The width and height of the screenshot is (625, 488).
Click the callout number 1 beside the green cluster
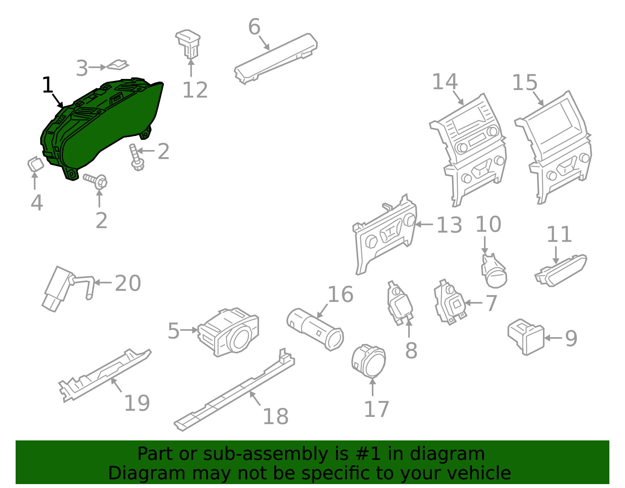click(47, 85)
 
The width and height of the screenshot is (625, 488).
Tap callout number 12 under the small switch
click(195, 90)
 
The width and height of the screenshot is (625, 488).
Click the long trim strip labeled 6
click(275, 57)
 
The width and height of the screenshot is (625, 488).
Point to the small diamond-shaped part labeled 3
click(118, 65)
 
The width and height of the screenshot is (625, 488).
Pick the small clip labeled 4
click(35, 164)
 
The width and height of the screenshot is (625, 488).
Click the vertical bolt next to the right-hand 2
click(135, 157)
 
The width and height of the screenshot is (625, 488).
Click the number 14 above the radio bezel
click(445, 82)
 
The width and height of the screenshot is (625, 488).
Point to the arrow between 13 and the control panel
click(424, 225)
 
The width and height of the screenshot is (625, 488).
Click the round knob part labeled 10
click(494, 272)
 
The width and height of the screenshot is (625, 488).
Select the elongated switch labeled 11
click(561, 270)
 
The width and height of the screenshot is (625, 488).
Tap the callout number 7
click(491, 303)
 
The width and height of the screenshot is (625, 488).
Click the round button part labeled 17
click(369, 361)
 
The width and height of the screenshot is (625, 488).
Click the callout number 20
click(128, 283)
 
